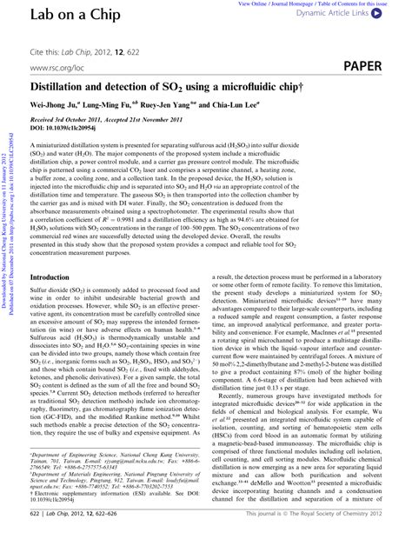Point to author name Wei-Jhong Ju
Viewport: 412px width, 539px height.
point(55,107)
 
